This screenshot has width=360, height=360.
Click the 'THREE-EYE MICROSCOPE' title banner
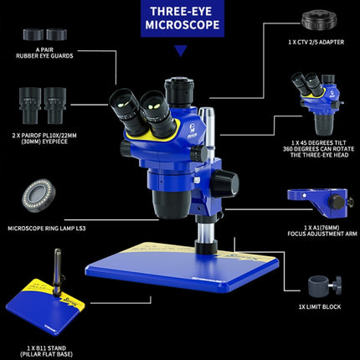coord(179,18)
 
